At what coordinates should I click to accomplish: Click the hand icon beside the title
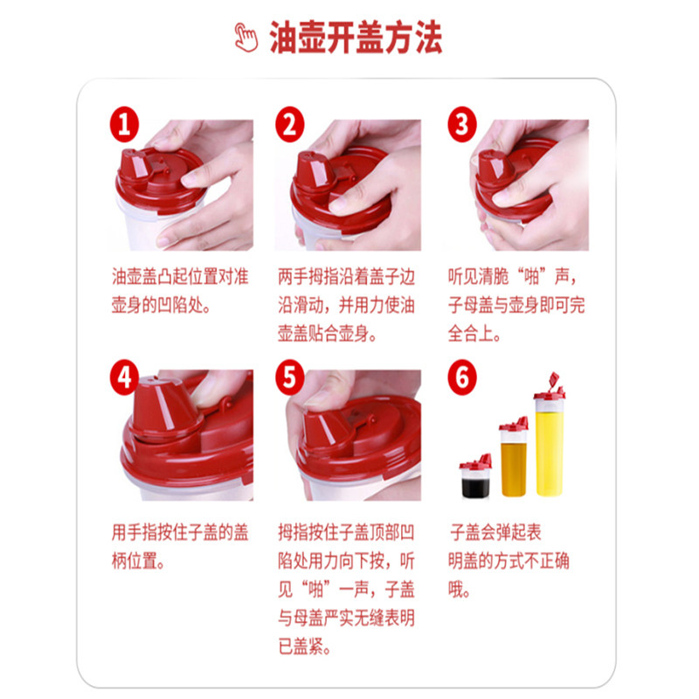[x=246, y=38]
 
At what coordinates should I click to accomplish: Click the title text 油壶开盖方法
[x=356, y=38]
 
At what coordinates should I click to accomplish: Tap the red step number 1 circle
[x=124, y=124]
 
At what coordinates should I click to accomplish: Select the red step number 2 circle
[x=290, y=124]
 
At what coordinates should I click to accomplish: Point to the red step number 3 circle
[x=462, y=124]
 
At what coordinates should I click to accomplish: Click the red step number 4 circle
[x=124, y=377]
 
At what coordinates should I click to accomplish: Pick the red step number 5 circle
[x=290, y=377]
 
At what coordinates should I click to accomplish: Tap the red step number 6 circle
[x=462, y=377]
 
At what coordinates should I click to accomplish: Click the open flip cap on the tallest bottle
[x=554, y=380]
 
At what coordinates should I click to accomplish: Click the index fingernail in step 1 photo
[x=190, y=180]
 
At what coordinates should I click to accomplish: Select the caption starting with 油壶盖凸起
[x=180, y=291]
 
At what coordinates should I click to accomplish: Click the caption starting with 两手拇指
[x=346, y=305]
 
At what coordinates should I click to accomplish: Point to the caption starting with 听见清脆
[x=516, y=305]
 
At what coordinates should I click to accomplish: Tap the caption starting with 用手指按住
[x=180, y=547]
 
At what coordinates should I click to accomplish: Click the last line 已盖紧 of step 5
[x=304, y=646]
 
